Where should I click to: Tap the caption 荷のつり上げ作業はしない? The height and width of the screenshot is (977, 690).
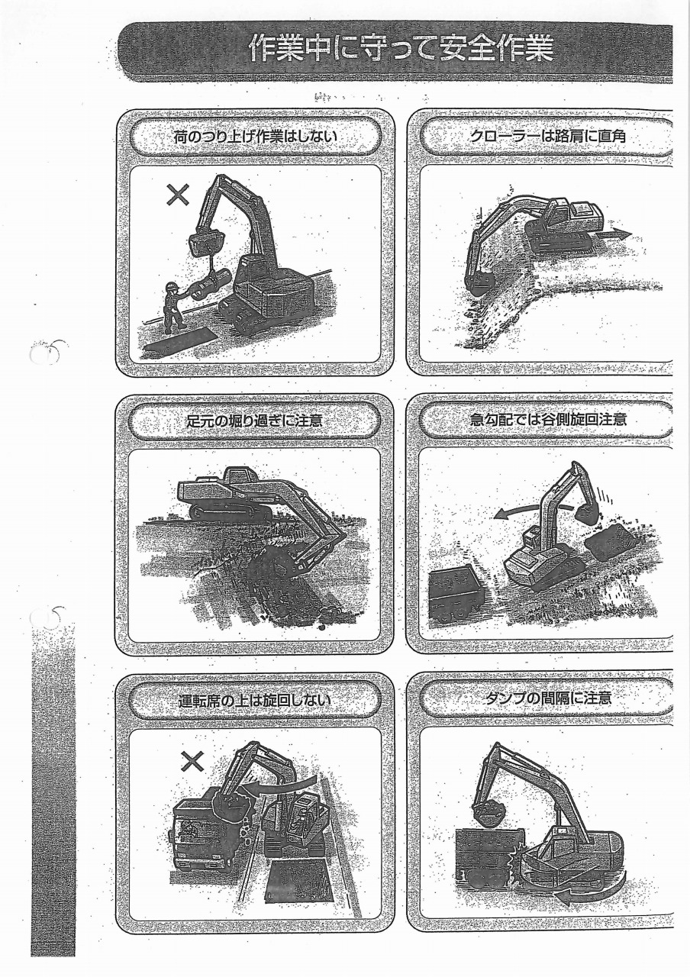pyautogui.click(x=256, y=136)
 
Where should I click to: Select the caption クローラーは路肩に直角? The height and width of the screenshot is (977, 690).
pyautogui.click(x=548, y=136)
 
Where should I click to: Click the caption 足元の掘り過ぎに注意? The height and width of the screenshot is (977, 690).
pyautogui.click(x=255, y=421)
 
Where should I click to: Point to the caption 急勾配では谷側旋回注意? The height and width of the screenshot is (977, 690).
pyautogui.click(x=549, y=419)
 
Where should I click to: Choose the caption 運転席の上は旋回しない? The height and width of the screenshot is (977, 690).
pyautogui.click(x=255, y=701)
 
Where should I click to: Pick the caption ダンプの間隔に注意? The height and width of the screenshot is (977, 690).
pyautogui.click(x=548, y=698)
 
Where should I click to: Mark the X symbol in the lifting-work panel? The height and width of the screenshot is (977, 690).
pyautogui.click(x=178, y=195)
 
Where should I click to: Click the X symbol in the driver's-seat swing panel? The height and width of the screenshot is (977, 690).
pyautogui.click(x=193, y=762)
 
